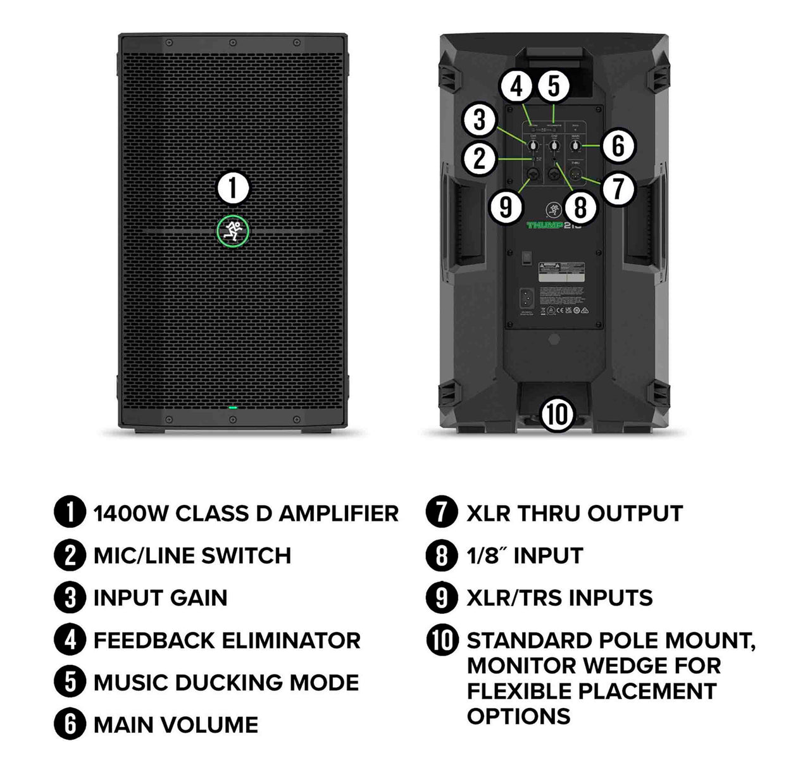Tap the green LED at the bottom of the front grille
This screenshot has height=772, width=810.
click(x=233, y=408)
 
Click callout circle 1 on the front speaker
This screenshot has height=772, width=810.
click(x=233, y=188)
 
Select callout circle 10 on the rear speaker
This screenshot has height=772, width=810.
click(x=557, y=414)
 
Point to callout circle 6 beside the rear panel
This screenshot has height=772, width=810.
click(x=618, y=146)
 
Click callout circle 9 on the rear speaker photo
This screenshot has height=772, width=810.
click(x=506, y=206)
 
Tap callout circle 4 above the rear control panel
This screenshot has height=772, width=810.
click(x=518, y=86)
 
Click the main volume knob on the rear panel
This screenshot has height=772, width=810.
click(x=575, y=147)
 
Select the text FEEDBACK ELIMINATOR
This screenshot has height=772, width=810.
click(x=227, y=640)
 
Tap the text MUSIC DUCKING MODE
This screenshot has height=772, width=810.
click(x=226, y=683)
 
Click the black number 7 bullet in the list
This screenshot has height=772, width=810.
click(x=442, y=513)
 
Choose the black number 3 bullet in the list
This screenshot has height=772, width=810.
click(x=70, y=598)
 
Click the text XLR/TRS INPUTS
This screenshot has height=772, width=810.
click(x=559, y=598)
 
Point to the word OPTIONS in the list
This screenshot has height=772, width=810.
click(x=518, y=716)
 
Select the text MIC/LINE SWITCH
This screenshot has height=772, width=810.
click(x=192, y=556)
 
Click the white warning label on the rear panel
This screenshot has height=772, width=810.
click(x=564, y=271)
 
